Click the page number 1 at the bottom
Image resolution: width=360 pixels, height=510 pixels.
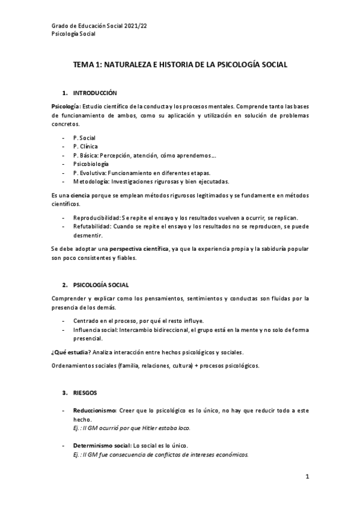pos(307,478)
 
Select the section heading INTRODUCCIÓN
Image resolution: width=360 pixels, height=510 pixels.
pos(95,94)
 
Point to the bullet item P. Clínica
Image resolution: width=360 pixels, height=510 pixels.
pos(85,146)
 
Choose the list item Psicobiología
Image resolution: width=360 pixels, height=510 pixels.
pos(91,164)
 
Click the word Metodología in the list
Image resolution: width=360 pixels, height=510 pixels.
pos(91,181)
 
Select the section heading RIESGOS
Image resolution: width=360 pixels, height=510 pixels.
pos(85,393)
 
